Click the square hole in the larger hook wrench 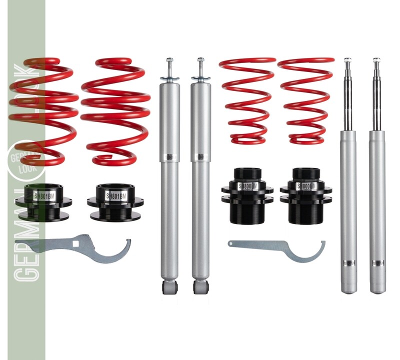(x=76, y=244)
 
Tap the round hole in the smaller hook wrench (x=231, y=243)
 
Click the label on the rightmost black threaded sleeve (x=306, y=186)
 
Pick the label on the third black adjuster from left (x=247, y=186)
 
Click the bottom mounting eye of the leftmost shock (x=169, y=287)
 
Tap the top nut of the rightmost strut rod (x=376, y=60)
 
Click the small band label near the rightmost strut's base (x=378, y=261)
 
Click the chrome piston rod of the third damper (x=347, y=95)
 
